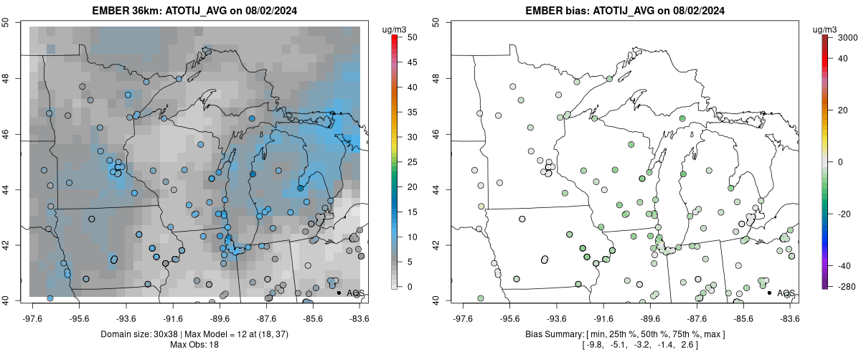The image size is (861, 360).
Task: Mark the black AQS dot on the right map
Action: (x=768, y=293)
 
